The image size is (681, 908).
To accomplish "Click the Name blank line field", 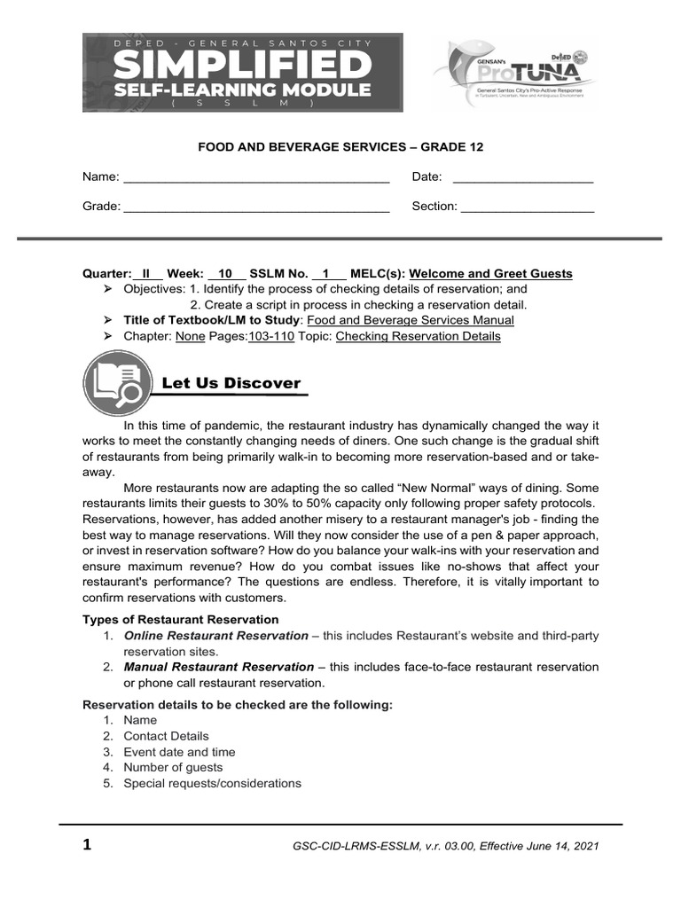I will [x=256, y=178].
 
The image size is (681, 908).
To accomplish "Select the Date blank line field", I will [x=522, y=178].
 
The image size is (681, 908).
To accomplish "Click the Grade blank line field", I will [x=256, y=207].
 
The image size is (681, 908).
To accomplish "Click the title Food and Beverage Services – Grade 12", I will [x=340, y=147].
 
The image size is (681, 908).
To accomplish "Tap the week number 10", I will [x=225, y=274].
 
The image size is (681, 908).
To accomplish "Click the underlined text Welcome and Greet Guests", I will [x=490, y=274].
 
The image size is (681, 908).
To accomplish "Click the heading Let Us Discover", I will [x=231, y=383].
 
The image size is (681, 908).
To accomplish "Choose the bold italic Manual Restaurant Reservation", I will [x=218, y=667].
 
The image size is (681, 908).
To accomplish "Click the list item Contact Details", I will [x=166, y=736].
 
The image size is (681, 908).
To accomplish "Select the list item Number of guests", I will [x=173, y=768].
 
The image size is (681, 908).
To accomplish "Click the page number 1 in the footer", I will [x=87, y=845].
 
